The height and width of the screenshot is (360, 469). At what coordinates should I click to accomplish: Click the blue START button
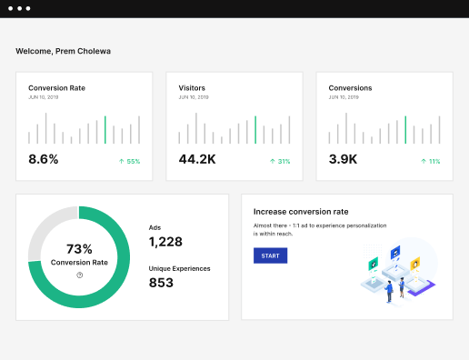point(270,256)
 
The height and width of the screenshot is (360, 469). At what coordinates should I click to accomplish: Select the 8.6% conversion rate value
point(44,159)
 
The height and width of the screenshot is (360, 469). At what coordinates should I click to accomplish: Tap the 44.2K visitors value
point(197,159)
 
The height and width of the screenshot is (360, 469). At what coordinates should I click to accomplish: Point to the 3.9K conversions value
point(343,159)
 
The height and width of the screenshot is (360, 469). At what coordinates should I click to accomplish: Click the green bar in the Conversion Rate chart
point(105,130)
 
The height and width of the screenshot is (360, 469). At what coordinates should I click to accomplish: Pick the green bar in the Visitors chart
point(255,130)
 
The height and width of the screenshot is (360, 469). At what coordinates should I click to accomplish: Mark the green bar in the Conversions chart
point(405,130)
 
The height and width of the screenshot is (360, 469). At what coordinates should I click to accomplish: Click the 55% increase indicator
point(129,161)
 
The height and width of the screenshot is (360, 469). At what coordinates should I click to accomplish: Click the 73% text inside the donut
point(79,249)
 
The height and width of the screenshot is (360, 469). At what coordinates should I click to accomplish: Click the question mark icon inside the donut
point(79,275)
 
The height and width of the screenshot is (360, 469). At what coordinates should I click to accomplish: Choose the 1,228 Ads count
point(165,241)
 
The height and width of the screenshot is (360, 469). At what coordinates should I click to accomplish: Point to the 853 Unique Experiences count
point(161,283)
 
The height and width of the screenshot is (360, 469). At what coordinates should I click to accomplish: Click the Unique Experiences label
point(179,268)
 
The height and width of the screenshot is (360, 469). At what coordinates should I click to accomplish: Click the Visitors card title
point(192,88)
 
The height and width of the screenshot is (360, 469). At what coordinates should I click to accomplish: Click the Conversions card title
point(350,88)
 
